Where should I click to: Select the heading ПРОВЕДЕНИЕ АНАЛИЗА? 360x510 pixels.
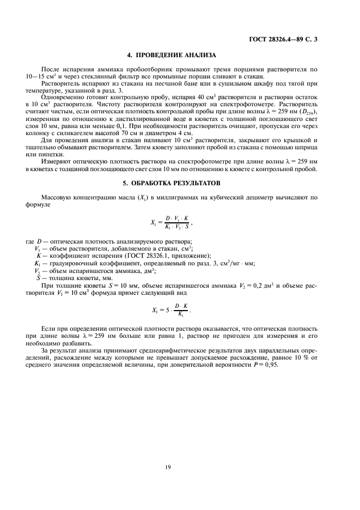172,56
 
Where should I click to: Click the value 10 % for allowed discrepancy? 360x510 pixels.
297,358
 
